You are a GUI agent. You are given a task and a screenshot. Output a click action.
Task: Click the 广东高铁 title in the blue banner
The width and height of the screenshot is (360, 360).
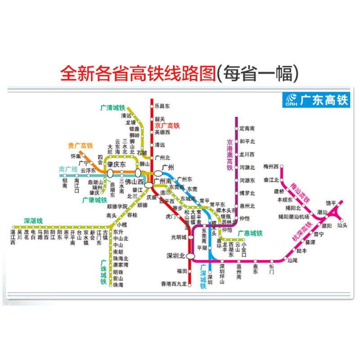click(324, 100)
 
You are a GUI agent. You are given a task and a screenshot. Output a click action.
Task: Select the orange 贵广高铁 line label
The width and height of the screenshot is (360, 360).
click(80, 146)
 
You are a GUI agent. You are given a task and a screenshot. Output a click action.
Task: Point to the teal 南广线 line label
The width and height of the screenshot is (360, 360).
click(68, 169)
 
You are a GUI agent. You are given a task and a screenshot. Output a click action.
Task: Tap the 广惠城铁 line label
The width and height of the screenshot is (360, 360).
click(247, 233)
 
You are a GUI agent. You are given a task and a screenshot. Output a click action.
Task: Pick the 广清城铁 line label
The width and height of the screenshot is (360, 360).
click(112, 108)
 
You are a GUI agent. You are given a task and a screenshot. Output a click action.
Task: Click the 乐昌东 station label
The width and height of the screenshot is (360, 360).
click(162, 107)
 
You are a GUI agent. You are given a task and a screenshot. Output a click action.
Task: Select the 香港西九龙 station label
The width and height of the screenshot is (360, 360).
click(173, 283)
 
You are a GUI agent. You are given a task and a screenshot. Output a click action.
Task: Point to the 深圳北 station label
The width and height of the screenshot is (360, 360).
click(175, 256)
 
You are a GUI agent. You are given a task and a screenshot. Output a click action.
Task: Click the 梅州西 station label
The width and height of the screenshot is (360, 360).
click(271, 166)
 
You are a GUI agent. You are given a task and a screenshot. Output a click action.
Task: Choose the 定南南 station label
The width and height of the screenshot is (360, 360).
click(247, 129)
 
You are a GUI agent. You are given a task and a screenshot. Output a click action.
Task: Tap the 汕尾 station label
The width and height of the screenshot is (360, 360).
click(292, 260)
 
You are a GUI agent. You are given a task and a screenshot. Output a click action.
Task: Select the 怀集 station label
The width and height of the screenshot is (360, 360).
click(75, 156)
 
